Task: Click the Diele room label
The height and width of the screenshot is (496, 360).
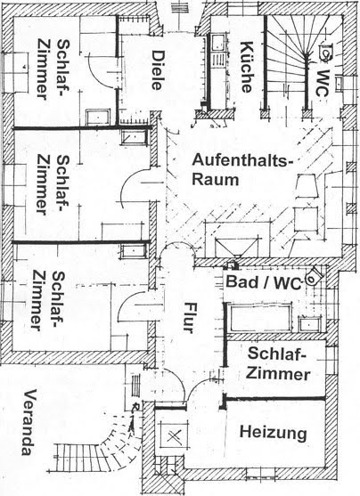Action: coord(158,70)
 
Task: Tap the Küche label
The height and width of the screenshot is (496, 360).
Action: coord(247,67)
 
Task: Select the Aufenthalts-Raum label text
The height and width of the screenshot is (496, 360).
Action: coord(241,169)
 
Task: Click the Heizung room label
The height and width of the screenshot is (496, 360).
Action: coord(274,433)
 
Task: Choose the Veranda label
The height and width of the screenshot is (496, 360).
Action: coord(29,422)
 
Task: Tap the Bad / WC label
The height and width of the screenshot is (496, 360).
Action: coord(264,281)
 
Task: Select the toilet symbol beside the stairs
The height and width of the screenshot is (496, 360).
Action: coord(326,52)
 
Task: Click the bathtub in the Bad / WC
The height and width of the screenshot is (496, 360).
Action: coord(261,318)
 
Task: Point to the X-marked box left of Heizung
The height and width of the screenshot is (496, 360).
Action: coord(174,437)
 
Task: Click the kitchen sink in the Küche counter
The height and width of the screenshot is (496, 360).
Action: coord(218,44)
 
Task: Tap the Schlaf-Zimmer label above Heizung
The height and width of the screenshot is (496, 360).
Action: coord(278,363)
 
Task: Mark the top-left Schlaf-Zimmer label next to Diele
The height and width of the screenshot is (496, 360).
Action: coord(53,69)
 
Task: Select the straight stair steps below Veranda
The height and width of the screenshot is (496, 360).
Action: coord(79,459)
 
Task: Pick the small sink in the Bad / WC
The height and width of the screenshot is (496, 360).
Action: coord(309,324)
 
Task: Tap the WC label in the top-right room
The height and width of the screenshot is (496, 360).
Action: coord(323,83)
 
